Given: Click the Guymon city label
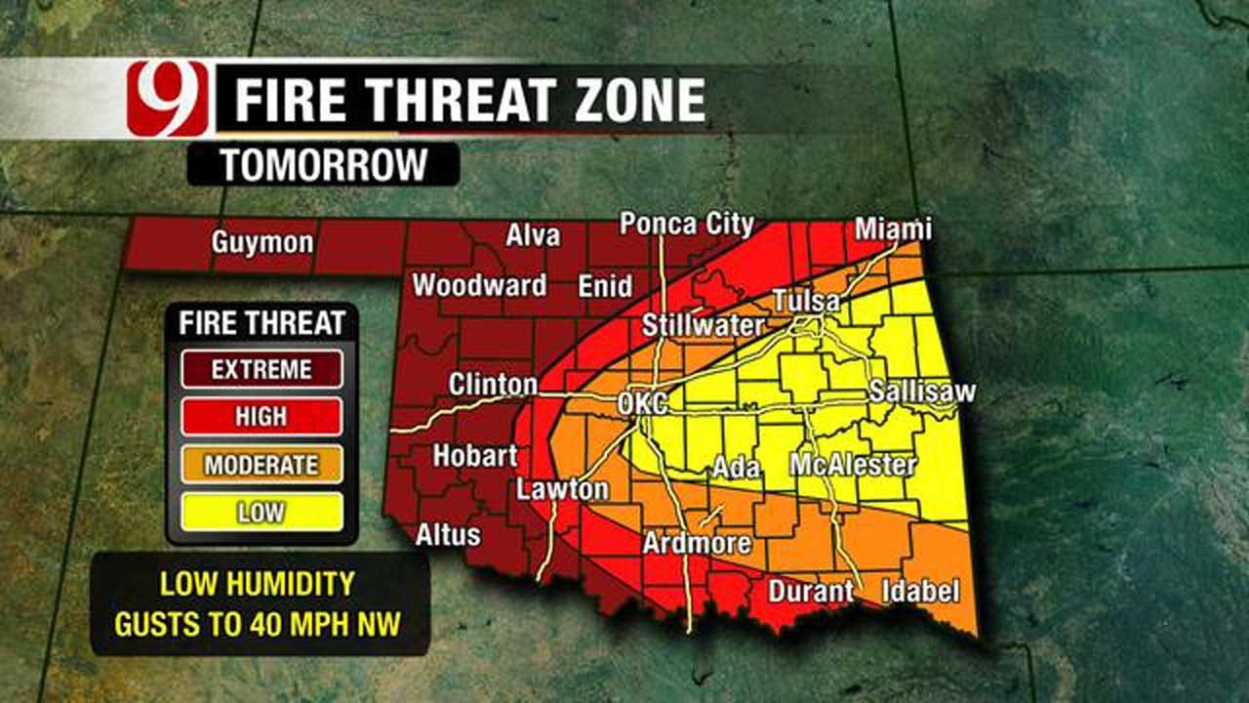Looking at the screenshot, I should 262,243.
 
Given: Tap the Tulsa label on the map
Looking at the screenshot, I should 806,302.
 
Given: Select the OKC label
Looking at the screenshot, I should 643,403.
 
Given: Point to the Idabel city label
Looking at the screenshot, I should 920,591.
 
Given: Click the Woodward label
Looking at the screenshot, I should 479,286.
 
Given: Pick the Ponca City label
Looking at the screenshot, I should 687,224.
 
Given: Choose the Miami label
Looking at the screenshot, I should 893,229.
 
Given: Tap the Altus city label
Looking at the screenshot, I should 448,534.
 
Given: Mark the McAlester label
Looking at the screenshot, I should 854,465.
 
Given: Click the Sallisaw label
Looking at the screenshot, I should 922,392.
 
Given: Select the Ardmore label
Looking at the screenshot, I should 697,543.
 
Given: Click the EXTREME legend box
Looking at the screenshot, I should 262,369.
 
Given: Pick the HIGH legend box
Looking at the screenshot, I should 262,417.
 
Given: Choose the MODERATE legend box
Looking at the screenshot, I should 262,465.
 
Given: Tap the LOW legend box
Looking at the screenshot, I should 262,512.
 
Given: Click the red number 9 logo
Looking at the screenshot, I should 167,99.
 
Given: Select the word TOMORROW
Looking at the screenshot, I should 323,165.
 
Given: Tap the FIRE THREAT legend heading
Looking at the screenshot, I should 262,322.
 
